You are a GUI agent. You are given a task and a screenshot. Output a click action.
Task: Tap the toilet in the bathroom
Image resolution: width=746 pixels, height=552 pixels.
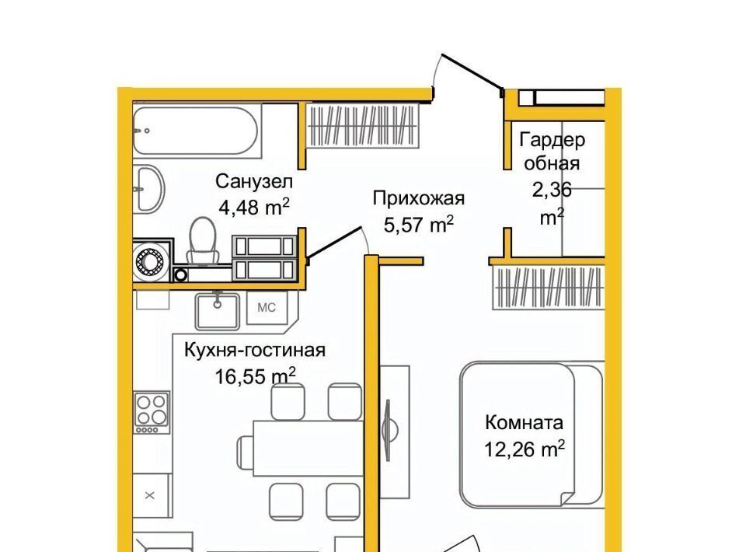tap(203, 240)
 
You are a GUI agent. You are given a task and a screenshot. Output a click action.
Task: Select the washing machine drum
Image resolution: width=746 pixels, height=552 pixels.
tap(150, 261)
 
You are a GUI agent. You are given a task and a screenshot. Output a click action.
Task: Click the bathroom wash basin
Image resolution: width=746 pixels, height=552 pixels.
tap(149, 188)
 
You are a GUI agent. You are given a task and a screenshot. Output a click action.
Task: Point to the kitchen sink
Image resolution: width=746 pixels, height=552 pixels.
tap(218, 311)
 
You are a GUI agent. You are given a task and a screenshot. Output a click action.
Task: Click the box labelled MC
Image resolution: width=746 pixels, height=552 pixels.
tap(267, 307)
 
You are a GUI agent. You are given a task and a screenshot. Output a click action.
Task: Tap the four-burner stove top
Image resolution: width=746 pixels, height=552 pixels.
tap(152, 412)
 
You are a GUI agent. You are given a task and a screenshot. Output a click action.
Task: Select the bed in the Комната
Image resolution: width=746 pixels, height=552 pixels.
tap(532, 435)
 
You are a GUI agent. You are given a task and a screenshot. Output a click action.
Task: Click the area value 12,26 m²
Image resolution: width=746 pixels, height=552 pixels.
tap(525, 449)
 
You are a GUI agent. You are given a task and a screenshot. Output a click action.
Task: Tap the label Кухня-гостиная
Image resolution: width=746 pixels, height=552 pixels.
tap(255, 350)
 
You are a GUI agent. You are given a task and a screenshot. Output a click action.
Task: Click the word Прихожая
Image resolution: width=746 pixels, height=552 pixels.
tap(419, 198)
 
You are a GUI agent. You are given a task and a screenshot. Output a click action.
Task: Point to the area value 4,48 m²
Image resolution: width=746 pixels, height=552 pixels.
tap(254, 207)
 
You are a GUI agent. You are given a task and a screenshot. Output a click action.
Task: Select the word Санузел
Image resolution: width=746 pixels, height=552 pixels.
tap(254, 181)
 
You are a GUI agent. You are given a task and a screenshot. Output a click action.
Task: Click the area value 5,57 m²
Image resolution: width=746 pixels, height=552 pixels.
tap(419, 224)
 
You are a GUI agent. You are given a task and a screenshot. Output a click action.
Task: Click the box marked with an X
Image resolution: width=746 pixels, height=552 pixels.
tap(150, 496)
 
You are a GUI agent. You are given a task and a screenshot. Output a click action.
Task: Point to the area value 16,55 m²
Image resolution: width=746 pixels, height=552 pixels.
tap(256, 376)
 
